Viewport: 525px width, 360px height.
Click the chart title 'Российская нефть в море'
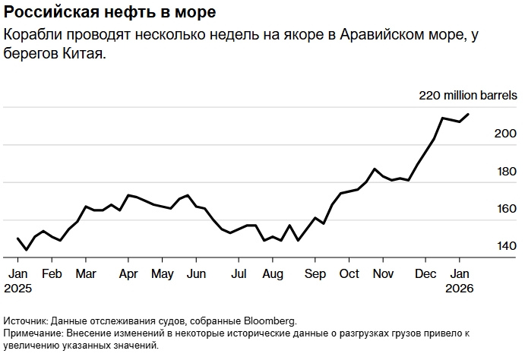[109, 13]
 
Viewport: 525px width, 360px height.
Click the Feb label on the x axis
[51, 273]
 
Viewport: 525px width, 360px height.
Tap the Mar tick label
[86, 273]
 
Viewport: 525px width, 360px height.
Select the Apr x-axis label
[129, 273]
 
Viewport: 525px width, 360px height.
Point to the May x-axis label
[163, 273]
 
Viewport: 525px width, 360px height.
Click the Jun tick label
[197, 273]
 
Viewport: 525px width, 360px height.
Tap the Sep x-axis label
[315, 273]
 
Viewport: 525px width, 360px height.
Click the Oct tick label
[349, 273]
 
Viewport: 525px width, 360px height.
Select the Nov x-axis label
[384, 273]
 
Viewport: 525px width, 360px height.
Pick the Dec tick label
[426, 273]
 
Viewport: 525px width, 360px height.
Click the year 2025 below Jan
[19, 289]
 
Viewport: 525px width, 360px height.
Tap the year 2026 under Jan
[460, 289]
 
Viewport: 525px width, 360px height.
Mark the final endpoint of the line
[468, 115]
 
